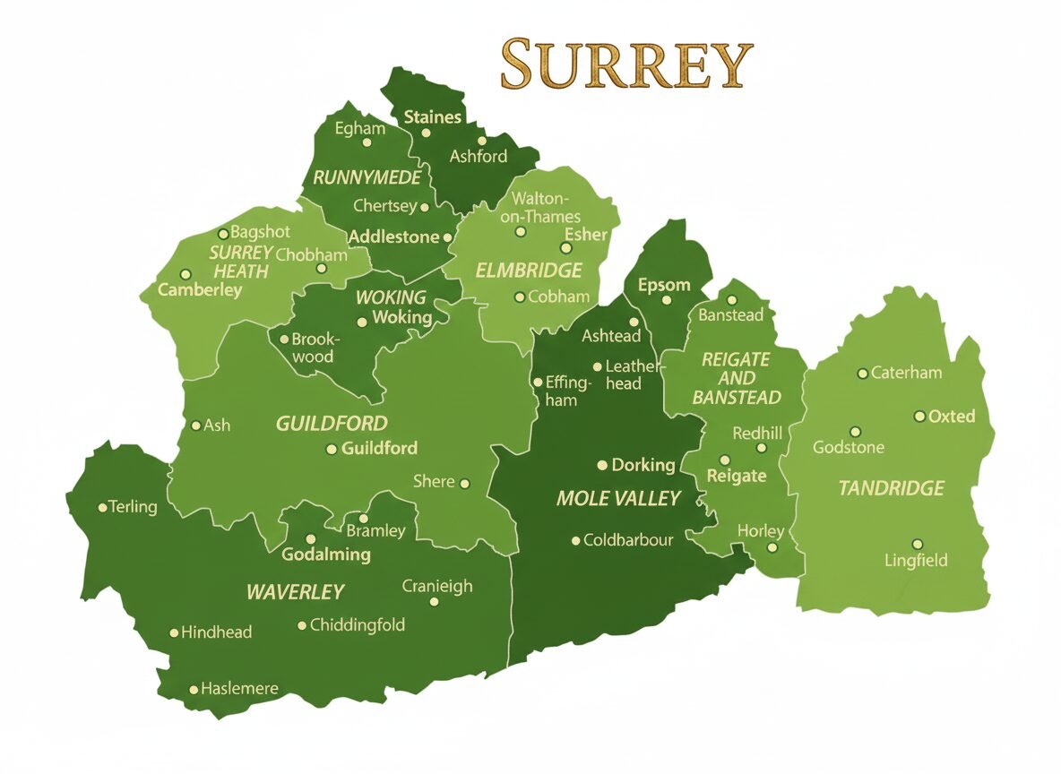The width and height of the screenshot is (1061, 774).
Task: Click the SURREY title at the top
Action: coord(625,64)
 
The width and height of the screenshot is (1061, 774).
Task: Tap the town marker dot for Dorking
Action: coord(603,465)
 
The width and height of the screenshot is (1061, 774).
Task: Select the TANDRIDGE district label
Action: coord(891,488)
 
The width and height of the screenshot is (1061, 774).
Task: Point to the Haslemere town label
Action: coord(239,689)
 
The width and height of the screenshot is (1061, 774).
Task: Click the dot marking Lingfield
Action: coord(917,544)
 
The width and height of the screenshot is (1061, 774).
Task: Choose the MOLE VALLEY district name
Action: coord(618,499)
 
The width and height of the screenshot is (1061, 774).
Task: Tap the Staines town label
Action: coord(433,117)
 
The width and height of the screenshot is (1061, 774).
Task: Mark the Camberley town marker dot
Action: coord(185,274)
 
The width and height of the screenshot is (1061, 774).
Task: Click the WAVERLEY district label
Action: coord(295,592)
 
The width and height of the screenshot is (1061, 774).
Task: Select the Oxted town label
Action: coord(952,417)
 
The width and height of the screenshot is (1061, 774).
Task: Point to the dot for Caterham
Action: coord(862,374)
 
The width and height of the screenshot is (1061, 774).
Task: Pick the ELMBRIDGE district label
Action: coord(529,271)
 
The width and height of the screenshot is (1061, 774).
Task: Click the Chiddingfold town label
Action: coord(357,625)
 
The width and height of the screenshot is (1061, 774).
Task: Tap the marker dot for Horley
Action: coord(772,547)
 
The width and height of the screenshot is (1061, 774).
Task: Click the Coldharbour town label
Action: coord(627,540)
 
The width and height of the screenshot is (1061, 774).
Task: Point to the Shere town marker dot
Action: coord(464,484)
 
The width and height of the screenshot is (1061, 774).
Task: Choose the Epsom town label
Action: coord(664,286)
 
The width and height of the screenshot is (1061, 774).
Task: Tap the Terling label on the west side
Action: coord(133,507)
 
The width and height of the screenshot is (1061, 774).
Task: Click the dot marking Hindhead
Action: coord(174,632)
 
